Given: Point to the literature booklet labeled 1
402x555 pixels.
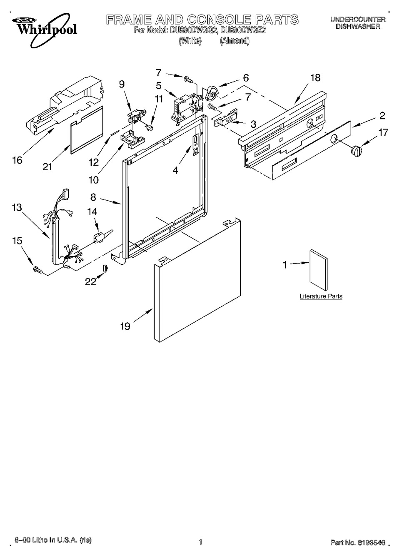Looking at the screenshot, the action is [x=318, y=270].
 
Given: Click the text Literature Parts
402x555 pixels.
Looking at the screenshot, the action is [x=321, y=296].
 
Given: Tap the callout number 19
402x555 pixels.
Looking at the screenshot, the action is [x=125, y=326].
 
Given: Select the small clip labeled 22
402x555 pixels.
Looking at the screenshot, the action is [x=105, y=268].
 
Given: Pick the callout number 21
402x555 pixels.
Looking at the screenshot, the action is [x=47, y=167].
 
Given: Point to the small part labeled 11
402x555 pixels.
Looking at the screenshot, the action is [x=150, y=127].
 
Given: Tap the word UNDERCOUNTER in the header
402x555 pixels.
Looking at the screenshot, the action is [x=358, y=19].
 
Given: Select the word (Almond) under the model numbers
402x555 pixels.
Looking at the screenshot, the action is [x=235, y=41].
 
